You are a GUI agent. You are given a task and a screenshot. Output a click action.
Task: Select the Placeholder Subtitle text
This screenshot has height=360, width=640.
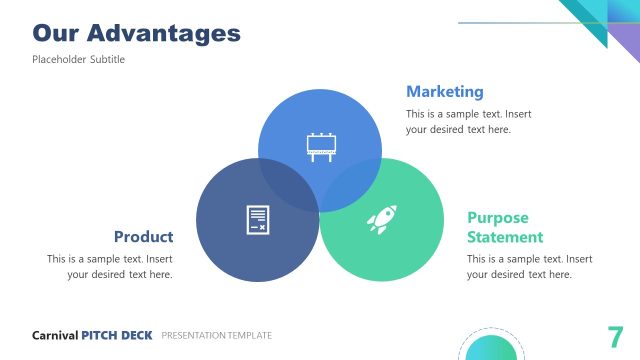78,60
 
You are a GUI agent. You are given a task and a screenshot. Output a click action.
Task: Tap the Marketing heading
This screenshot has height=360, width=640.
444,92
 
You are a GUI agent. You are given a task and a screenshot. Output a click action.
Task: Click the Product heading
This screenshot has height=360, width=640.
143,237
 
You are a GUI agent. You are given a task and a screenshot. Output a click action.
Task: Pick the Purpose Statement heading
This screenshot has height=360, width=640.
504,227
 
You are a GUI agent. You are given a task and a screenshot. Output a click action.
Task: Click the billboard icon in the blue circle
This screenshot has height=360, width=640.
320,146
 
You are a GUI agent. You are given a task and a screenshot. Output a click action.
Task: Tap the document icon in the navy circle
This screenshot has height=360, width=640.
257,220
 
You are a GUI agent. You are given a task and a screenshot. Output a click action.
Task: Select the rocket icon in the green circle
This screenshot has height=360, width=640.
382,220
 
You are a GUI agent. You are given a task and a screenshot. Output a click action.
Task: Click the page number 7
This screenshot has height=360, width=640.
615,336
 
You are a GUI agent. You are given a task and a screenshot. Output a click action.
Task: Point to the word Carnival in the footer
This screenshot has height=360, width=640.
55,336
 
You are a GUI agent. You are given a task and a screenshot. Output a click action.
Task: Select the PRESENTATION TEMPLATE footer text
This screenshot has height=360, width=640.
216,336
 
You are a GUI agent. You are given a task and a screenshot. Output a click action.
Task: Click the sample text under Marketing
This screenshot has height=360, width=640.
468,121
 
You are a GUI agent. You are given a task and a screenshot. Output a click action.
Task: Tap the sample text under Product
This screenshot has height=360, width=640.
110,266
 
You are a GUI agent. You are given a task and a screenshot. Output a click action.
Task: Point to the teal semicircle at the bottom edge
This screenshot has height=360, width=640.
491,349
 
